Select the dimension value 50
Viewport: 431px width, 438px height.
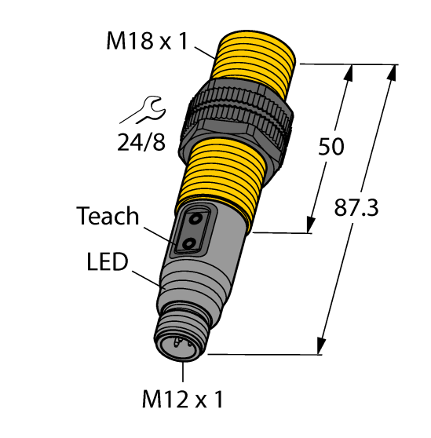330,147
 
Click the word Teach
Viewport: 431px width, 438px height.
108,217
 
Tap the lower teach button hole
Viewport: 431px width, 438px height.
189,246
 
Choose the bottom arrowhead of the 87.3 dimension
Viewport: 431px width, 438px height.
322,346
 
